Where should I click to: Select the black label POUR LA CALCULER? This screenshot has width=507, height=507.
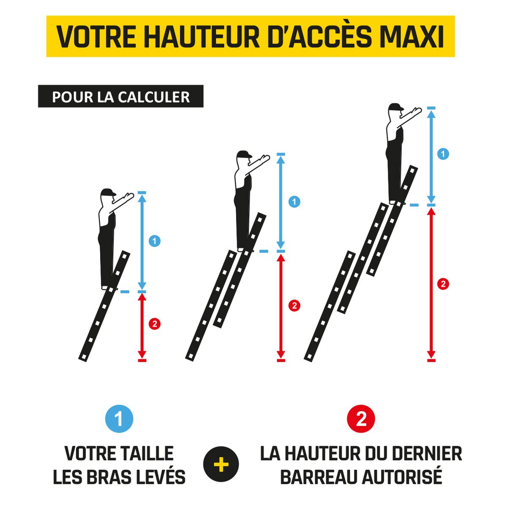click(x=121, y=97)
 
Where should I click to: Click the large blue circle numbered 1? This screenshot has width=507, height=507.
click(x=119, y=419)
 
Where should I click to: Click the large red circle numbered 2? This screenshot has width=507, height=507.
click(x=361, y=419)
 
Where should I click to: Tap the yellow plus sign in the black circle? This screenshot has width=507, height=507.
click(x=221, y=465)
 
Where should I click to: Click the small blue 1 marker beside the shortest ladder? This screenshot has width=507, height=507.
click(x=155, y=241)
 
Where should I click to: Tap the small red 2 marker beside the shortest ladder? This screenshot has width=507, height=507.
click(x=155, y=324)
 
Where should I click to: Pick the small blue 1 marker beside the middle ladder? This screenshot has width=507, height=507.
click(x=294, y=202)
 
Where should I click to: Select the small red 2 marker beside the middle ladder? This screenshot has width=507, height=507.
click(x=294, y=305)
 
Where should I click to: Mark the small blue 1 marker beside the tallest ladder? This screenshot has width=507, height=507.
click(x=443, y=154)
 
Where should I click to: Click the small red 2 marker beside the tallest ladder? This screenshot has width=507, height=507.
click(x=443, y=283)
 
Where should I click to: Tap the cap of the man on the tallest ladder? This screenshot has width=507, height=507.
click(x=396, y=106)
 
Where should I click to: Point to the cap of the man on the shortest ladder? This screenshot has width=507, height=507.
click(x=108, y=192)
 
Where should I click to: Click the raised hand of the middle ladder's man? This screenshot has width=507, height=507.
click(x=265, y=158)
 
